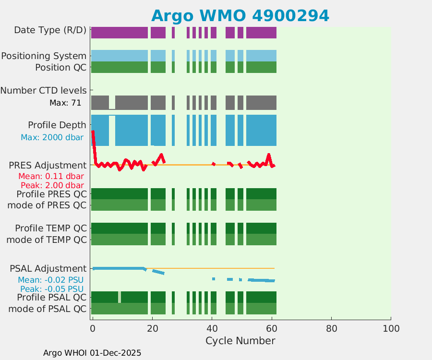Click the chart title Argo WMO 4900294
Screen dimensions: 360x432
(x=240, y=15)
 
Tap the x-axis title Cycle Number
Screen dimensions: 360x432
(x=240, y=341)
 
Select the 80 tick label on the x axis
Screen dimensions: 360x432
(x=331, y=329)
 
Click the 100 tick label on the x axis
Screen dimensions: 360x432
(x=391, y=329)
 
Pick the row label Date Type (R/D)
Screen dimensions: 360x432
(x=50, y=30)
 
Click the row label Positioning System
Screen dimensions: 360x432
(x=44, y=56)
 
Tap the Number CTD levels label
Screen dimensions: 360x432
(x=44, y=90)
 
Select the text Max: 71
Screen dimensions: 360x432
(x=65, y=103)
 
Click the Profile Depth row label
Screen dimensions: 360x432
(x=57, y=125)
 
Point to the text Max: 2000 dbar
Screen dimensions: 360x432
(x=52, y=137)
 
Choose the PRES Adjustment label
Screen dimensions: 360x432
(x=48, y=166)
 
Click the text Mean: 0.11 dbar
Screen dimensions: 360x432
(x=51, y=176)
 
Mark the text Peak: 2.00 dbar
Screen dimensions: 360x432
(x=52, y=185)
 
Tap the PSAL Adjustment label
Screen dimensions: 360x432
(x=48, y=268)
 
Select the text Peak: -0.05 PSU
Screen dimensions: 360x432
(x=52, y=289)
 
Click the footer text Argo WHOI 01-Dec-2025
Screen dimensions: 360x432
(x=92, y=353)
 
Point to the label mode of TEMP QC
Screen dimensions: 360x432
(x=47, y=239)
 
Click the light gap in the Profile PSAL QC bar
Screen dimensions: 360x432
(x=120, y=297)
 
